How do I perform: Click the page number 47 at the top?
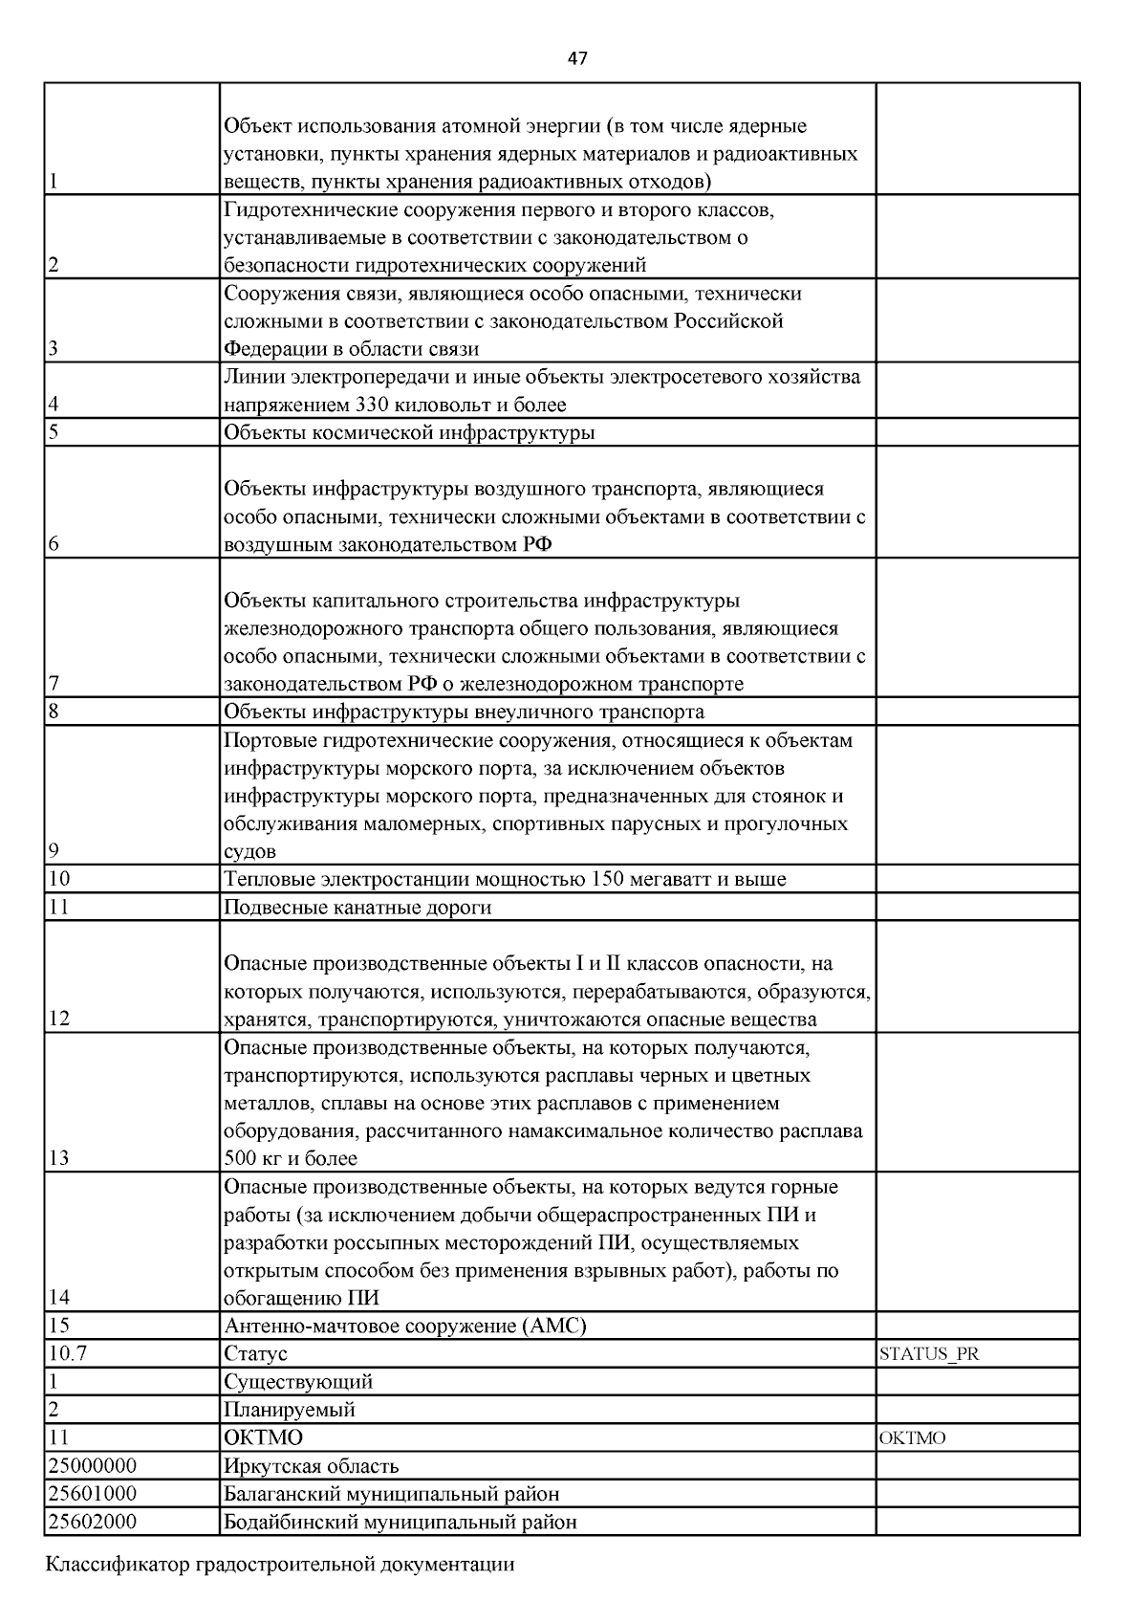[x=576, y=58]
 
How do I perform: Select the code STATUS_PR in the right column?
[x=928, y=1354]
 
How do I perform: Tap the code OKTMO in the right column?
[x=912, y=1438]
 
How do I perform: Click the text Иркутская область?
[x=311, y=1466]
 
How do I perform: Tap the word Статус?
[x=255, y=1354]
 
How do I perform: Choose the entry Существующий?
[x=298, y=1382]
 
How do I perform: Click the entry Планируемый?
[x=290, y=1410]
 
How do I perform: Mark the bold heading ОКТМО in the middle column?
[x=263, y=1438]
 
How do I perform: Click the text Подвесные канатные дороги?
[x=357, y=907]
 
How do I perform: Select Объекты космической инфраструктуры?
[x=409, y=433]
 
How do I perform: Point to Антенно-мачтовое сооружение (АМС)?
[x=404, y=1327]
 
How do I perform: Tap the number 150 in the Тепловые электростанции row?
[x=608, y=879]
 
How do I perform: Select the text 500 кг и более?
[x=291, y=1159]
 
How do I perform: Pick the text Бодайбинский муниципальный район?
[x=400, y=1522]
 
